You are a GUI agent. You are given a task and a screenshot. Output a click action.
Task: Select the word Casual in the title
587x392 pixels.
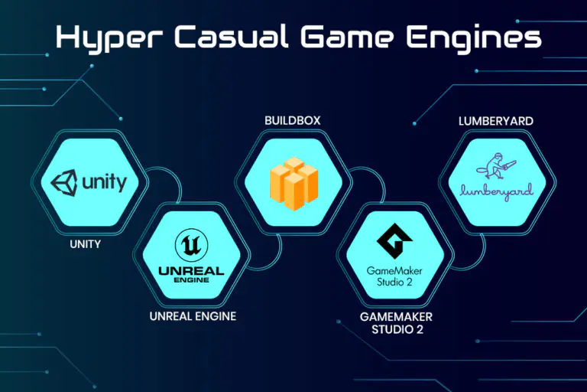tap(231, 37)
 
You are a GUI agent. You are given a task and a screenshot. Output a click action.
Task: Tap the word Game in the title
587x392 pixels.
tap(347, 37)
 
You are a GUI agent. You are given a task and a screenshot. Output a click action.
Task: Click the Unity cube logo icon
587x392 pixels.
tap(64, 183)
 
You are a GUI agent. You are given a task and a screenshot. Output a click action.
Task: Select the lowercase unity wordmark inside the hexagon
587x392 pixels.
tap(104, 183)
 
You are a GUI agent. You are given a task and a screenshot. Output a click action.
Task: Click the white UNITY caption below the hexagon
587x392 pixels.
tap(86, 244)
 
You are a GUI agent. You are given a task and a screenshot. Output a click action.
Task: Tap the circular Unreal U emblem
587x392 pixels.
tap(191, 245)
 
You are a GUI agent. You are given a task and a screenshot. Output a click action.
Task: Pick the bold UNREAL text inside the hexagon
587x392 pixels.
tap(191, 270)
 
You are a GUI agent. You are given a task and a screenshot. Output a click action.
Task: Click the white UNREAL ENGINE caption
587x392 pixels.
tap(193, 316)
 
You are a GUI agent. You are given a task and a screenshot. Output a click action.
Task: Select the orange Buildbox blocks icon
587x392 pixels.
tap(293, 184)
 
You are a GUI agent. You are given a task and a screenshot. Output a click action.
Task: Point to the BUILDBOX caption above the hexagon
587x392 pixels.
tap(293, 120)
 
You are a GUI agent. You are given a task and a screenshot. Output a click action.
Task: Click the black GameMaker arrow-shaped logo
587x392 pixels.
tap(394, 241)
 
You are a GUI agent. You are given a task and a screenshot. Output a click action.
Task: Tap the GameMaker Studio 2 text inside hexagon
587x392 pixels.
tap(394, 276)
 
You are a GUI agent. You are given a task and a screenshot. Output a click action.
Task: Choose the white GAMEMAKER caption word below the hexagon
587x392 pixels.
tap(396, 317)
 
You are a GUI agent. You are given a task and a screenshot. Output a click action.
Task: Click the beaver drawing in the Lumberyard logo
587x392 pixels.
tap(495, 166)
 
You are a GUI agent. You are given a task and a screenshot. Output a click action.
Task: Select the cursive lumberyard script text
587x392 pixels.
tap(496, 191)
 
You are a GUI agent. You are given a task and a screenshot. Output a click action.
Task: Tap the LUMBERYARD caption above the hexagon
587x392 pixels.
tap(496, 121)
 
